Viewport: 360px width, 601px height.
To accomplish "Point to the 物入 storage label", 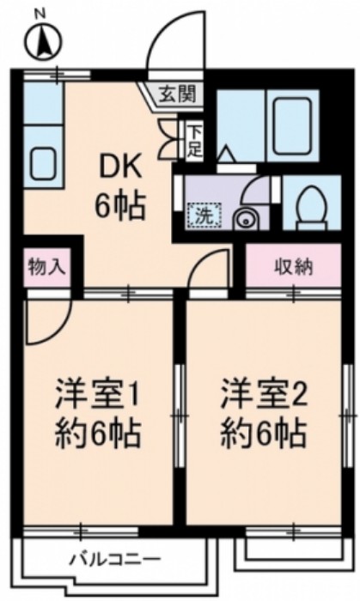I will (46, 264).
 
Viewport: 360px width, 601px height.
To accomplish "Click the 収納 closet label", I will (294, 264).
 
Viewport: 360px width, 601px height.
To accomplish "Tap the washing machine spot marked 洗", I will (205, 215).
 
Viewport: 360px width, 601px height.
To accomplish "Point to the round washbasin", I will (247, 219).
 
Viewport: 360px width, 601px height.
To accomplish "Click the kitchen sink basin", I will (42, 161).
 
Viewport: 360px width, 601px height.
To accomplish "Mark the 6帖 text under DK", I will (119, 206).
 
